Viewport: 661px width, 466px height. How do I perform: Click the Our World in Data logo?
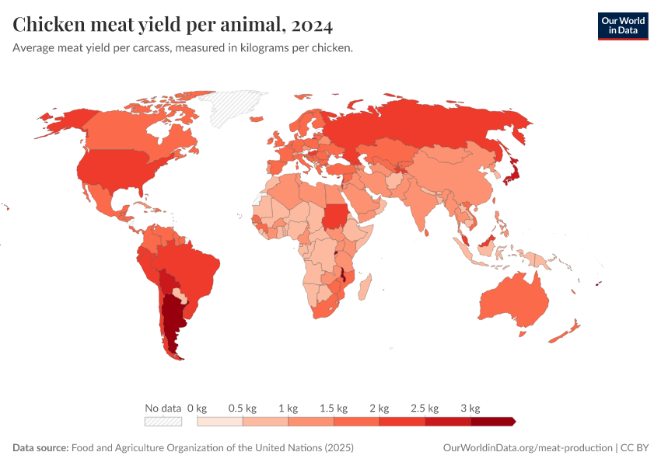(x=622, y=25)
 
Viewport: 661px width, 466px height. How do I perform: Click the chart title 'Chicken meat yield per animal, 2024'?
(x=173, y=25)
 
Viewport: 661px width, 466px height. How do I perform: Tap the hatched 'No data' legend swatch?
(x=163, y=422)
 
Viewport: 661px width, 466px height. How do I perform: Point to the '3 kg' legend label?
(x=470, y=408)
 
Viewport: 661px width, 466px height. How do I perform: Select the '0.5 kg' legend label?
(x=242, y=408)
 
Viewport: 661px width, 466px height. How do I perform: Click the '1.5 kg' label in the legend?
(x=333, y=408)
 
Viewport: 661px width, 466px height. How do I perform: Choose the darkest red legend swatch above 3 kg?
(x=492, y=422)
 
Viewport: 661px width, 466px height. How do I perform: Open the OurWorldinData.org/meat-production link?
(x=526, y=448)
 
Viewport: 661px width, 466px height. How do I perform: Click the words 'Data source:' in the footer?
(x=40, y=448)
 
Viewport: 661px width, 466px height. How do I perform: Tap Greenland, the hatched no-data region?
(x=241, y=106)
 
